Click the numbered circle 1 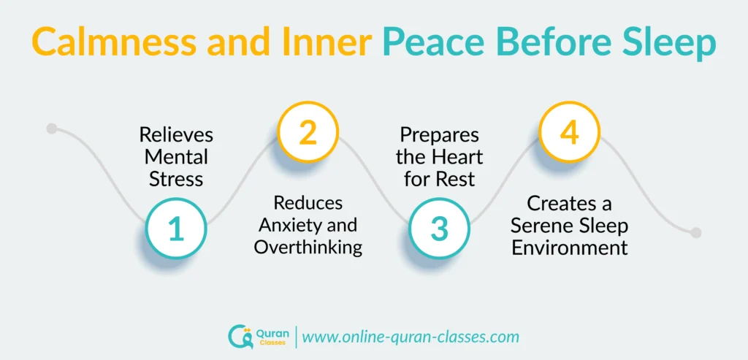tap(176, 229)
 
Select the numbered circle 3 tap(439, 229)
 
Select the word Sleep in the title tap(668, 45)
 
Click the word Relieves tap(176, 136)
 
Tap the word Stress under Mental tap(176, 178)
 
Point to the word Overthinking tap(308, 247)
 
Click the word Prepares tap(439, 136)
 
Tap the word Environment tap(569, 247)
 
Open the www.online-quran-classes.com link tap(411, 337)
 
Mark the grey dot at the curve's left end tap(51, 129)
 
